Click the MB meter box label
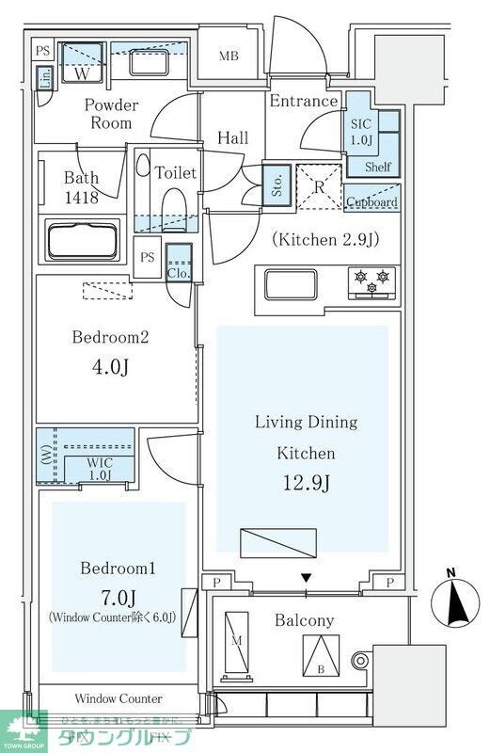(229, 56)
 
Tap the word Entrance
(303, 102)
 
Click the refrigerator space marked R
(320, 187)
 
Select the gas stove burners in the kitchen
(370, 280)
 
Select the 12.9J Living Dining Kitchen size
(305, 483)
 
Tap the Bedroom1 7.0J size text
(111, 599)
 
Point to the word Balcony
(304, 620)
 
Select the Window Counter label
(119, 698)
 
